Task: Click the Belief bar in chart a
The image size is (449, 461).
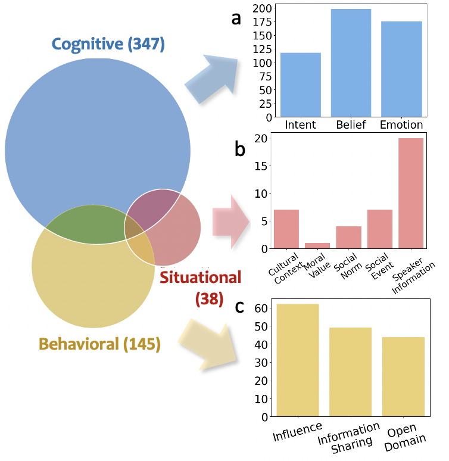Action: pyautogui.click(x=351, y=63)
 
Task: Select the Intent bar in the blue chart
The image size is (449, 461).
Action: pyautogui.click(x=301, y=85)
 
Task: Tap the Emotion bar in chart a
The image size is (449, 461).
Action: pyautogui.click(x=401, y=69)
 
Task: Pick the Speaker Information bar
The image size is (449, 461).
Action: pyautogui.click(x=411, y=193)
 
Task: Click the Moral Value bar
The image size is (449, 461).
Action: pyautogui.click(x=317, y=245)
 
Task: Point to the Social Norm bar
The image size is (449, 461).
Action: pyautogui.click(x=348, y=237)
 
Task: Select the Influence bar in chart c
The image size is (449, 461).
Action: pyautogui.click(x=298, y=360)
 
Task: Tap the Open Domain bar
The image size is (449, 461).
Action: pyautogui.click(x=404, y=376)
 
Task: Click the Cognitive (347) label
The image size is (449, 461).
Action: pyautogui.click(x=108, y=43)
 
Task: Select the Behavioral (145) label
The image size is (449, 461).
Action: pyautogui.click(x=99, y=344)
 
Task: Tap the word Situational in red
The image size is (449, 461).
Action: pyautogui.click(x=201, y=277)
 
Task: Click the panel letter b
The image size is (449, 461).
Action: pyautogui.click(x=240, y=149)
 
